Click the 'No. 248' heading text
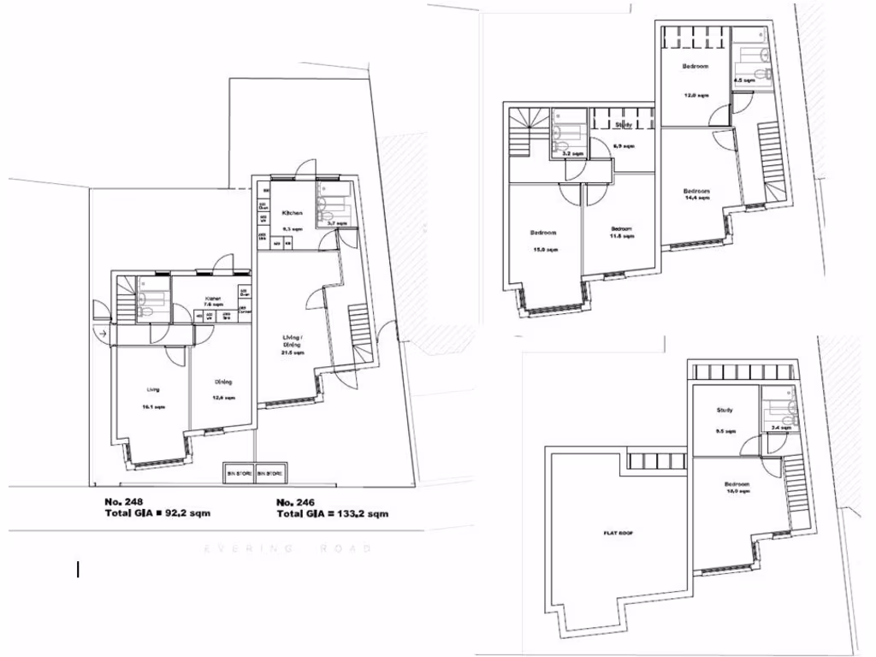pyautogui.click(x=123, y=500)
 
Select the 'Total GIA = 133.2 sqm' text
pyautogui.click(x=332, y=514)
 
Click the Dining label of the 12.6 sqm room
pyautogui.click(x=223, y=382)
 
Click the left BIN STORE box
pyautogui.click(x=240, y=472)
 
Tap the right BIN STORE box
pyautogui.click(x=272, y=472)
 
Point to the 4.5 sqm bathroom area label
pyautogui.click(x=744, y=80)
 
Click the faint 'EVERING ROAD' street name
pyautogui.click(x=287, y=548)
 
